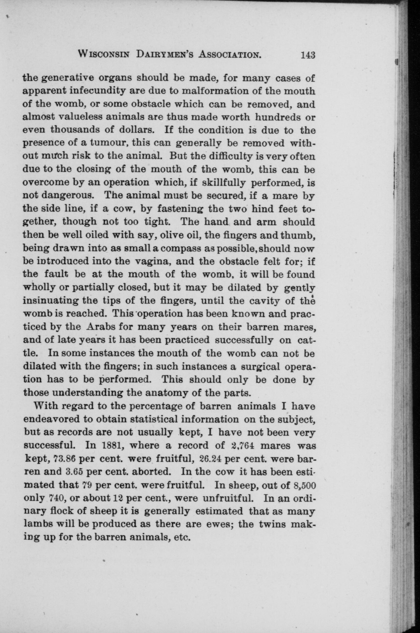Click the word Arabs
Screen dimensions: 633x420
coord(101,327)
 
